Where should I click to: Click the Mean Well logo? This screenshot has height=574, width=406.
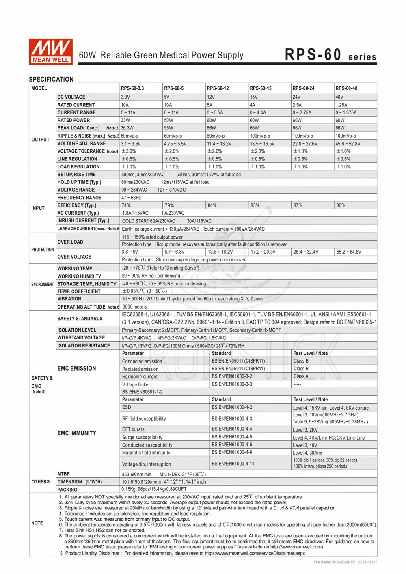pyautogui.click(x=51, y=52)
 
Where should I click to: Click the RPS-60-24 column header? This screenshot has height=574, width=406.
pyautogui.click(x=304, y=88)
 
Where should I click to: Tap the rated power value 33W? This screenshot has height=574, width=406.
pyautogui.click(x=125, y=120)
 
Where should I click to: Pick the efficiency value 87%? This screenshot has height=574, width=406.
pyautogui.click(x=298, y=205)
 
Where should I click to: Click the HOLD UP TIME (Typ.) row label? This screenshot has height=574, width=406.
pyautogui.click(x=79, y=182)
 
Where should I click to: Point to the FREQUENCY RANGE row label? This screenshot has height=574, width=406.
pyautogui.click(x=80, y=198)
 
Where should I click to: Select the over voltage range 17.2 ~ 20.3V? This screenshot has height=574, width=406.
pyautogui.click(x=263, y=252)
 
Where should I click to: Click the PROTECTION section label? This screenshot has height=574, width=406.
pyautogui.click(x=42, y=250)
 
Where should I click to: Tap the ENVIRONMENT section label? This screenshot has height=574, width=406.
pyautogui.click(x=42, y=284)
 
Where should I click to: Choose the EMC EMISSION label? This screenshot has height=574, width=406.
pyautogui.click(x=77, y=369)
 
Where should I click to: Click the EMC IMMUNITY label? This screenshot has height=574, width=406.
pyautogui.click(x=77, y=433)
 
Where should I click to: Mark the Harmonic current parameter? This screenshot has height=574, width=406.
pyautogui.click(x=140, y=377)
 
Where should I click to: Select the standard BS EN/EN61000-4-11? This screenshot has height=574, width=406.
pyautogui.click(x=233, y=464)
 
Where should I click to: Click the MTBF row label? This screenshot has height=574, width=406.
pyautogui.click(x=63, y=474)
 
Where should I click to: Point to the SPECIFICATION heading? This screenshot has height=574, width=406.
pyautogui.click(x=51, y=79)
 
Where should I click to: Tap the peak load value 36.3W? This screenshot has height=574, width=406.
pyautogui.click(x=127, y=128)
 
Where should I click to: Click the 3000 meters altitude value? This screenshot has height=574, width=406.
pyautogui.click(x=135, y=307)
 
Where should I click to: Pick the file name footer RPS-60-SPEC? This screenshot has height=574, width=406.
pyautogui.click(x=345, y=562)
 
